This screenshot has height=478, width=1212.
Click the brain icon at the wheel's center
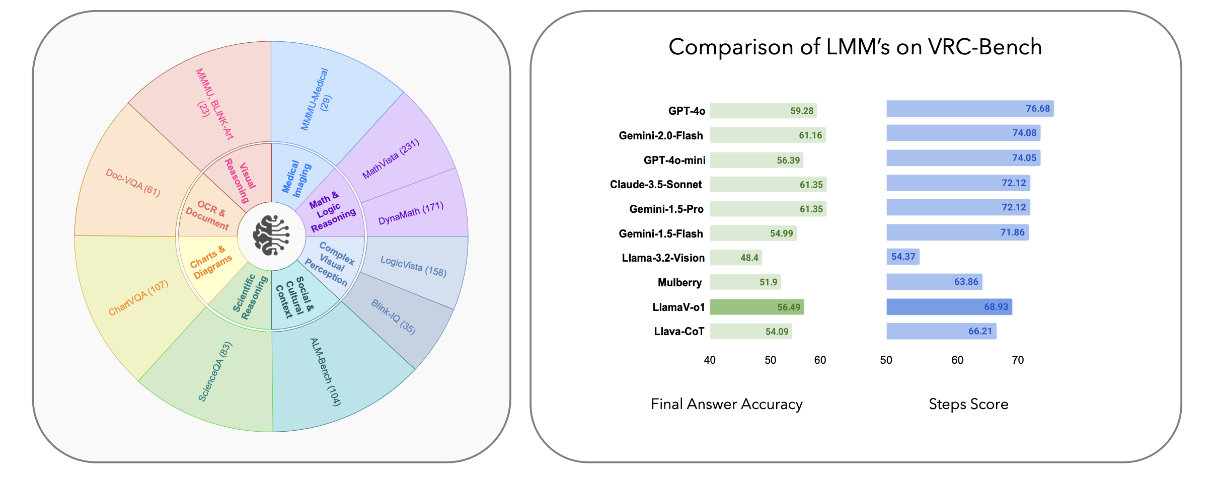(271, 235)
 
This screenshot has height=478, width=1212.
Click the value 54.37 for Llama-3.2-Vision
(903, 257)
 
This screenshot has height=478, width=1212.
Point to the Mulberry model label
(679, 283)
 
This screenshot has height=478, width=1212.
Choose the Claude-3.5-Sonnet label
(655, 185)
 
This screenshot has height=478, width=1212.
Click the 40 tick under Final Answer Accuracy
(710, 360)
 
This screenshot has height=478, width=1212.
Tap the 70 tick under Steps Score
(1018, 360)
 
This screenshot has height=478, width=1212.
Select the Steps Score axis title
(968, 405)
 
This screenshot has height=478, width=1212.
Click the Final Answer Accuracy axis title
(726, 405)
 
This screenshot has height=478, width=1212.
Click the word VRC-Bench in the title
(985, 47)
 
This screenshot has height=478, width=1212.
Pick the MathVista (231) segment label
(391, 159)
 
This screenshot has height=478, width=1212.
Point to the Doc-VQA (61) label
(133, 183)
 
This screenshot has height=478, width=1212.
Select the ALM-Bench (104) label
(326, 372)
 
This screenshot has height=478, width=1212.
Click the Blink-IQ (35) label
(394, 316)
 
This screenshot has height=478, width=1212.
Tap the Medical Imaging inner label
(296, 178)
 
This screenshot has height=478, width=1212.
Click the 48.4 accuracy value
(749, 258)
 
